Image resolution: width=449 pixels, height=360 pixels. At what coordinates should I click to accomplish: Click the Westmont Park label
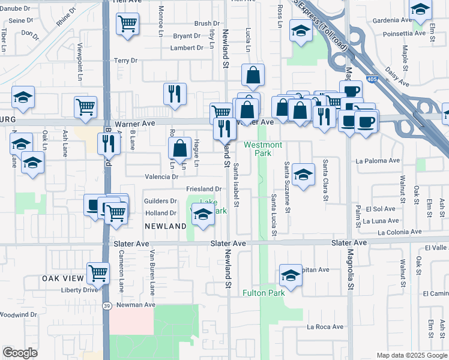coord(263,149)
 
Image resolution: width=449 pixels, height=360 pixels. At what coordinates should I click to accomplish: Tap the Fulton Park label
coord(264,293)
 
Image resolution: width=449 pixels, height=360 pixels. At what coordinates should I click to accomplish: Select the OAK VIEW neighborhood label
coord(61,279)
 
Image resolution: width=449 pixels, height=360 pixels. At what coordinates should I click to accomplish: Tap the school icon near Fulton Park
coord(291,275)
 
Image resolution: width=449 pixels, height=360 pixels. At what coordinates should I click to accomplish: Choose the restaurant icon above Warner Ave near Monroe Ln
coord(175,94)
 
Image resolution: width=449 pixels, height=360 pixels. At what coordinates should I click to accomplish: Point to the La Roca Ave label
coord(325,327)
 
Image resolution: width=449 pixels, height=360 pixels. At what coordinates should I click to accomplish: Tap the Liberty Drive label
coord(80,290)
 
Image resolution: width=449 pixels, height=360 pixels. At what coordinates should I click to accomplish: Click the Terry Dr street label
coord(126,61)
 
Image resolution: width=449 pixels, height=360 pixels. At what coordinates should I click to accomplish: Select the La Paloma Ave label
coord(378,161)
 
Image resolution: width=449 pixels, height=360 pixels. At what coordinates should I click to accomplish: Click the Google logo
coord(20,353)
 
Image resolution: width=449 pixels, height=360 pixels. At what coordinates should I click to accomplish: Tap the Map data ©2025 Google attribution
coord(411,355)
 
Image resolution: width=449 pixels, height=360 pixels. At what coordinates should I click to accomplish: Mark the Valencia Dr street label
coord(161,177)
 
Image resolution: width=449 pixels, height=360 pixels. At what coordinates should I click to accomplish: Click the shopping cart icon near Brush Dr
coord(128,25)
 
